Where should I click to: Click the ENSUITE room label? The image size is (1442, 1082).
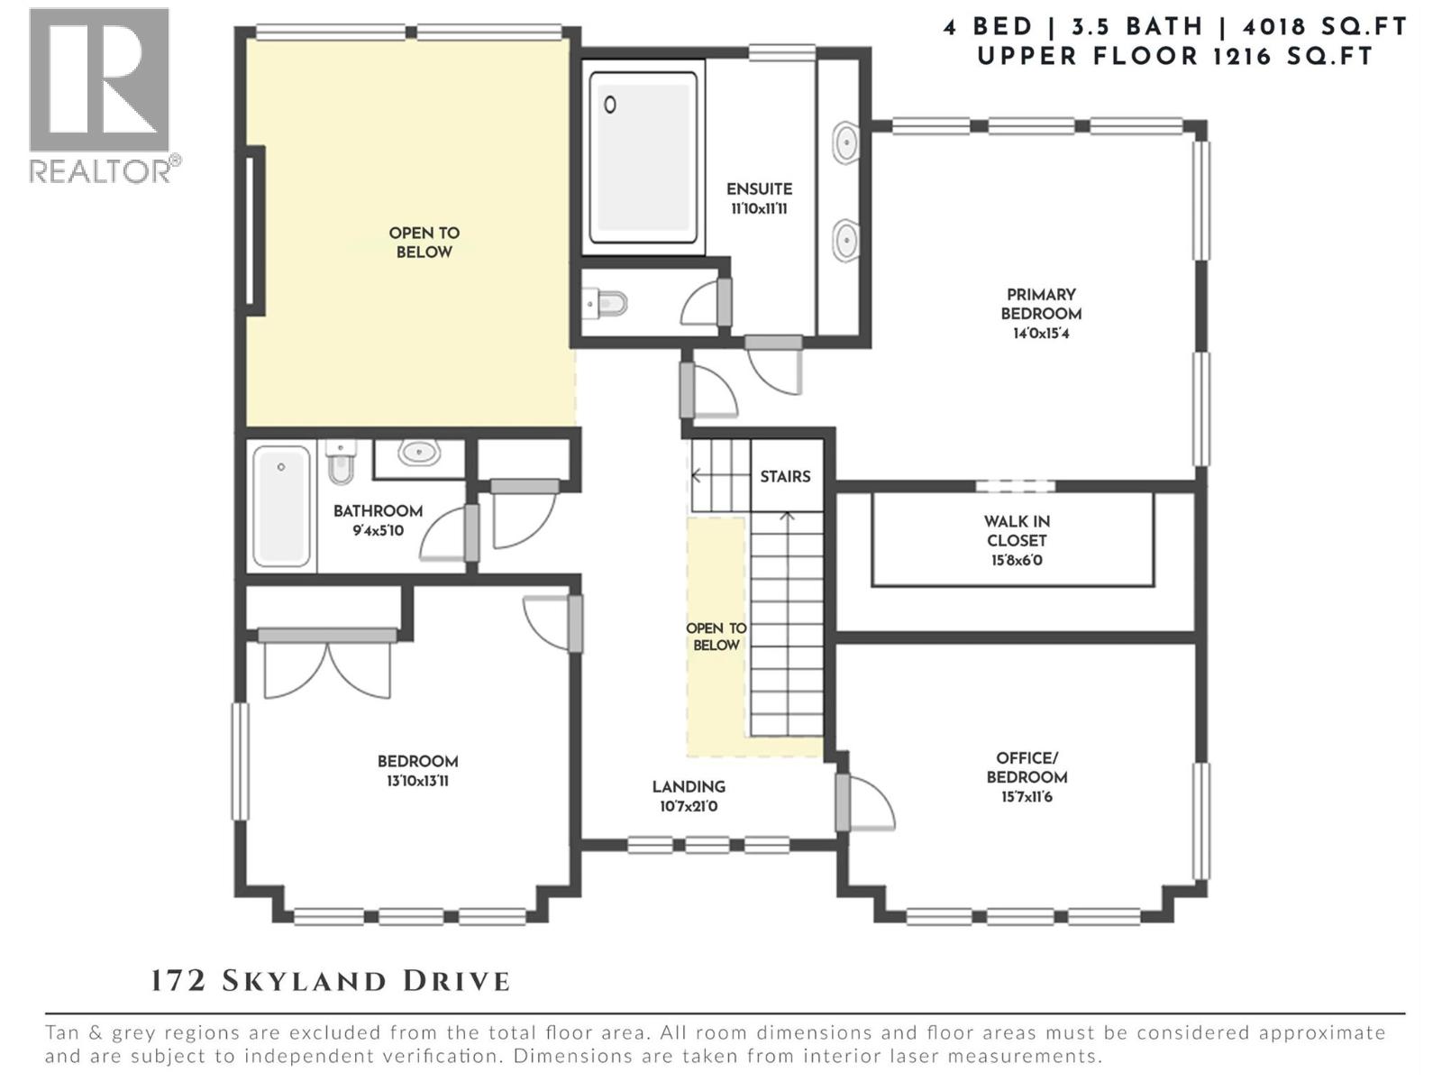[759, 189]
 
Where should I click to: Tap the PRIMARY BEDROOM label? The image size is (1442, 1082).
[1041, 304]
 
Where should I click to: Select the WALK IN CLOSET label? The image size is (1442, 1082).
[1016, 531]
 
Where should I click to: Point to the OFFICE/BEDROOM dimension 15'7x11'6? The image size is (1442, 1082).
[1027, 797]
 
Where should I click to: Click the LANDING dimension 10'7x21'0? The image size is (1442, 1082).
[689, 806]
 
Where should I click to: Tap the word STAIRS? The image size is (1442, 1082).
[785, 476]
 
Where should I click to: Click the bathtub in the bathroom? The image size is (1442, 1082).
[281, 506]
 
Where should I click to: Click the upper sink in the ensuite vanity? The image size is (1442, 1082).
[845, 142]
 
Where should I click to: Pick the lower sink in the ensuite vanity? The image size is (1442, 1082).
[845, 240]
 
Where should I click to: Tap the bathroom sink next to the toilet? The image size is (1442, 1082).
[418, 452]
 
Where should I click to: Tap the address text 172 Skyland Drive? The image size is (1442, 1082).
[330, 981]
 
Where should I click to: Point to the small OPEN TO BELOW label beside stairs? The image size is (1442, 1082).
[716, 637]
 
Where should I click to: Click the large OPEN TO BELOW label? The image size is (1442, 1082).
[424, 243]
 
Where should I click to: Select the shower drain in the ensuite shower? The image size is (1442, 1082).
[610, 105]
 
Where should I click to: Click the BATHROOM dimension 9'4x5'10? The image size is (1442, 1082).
[378, 531]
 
